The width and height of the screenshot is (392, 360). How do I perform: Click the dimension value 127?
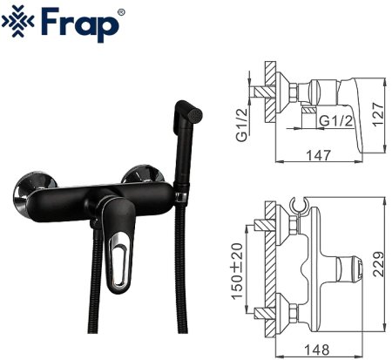(377, 113)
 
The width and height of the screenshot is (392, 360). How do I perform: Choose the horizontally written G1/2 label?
(335, 119)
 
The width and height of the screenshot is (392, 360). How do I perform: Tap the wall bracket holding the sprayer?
(182, 183)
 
